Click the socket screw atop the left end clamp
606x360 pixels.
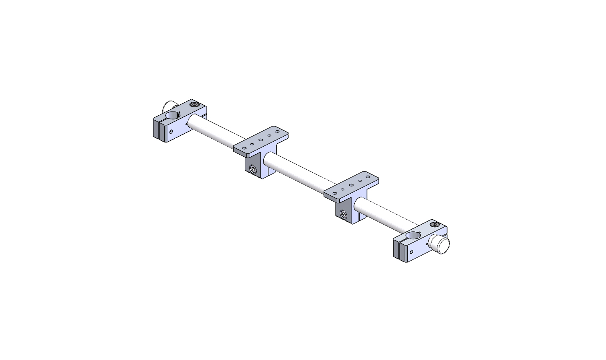(193, 105)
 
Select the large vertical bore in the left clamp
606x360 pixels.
(172, 116)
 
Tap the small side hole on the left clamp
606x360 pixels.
(171, 131)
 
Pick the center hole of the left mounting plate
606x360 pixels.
(260, 140)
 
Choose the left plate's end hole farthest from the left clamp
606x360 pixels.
(277, 132)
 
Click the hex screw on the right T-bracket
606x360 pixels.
(344, 215)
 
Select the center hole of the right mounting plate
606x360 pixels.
(351, 185)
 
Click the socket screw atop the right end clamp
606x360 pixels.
(435, 225)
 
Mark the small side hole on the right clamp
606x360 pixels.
(411, 252)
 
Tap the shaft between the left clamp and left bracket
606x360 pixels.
(214, 129)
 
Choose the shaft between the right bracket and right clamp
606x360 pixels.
(386, 216)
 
